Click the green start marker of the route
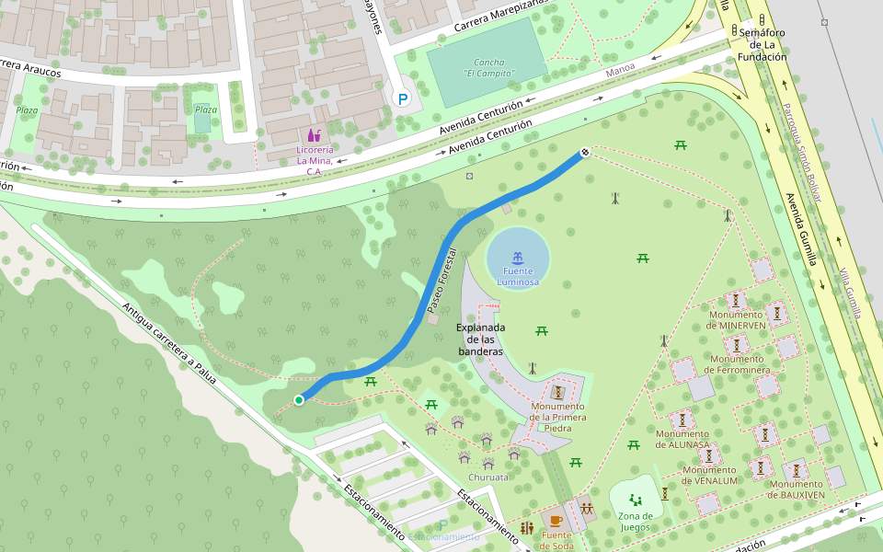point(299,399)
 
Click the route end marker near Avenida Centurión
point(584,152)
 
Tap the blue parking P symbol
point(401,98)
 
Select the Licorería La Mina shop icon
point(315,135)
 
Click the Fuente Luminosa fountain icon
point(518,258)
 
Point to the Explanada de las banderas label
point(480,339)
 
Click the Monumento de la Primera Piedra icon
point(557,391)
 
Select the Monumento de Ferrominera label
point(737,364)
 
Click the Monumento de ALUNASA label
point(682,439)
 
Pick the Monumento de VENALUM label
point(710,475)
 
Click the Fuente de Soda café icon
point(556,522)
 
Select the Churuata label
point(487,477)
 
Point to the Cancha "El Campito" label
point(488,67)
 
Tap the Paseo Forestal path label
point(441,279)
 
